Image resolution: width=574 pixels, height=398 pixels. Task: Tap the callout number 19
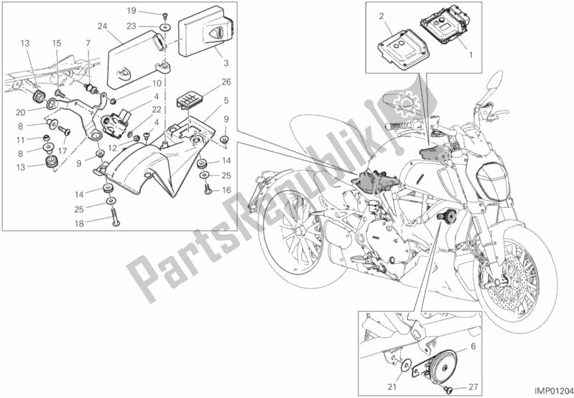coord(131,11)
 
